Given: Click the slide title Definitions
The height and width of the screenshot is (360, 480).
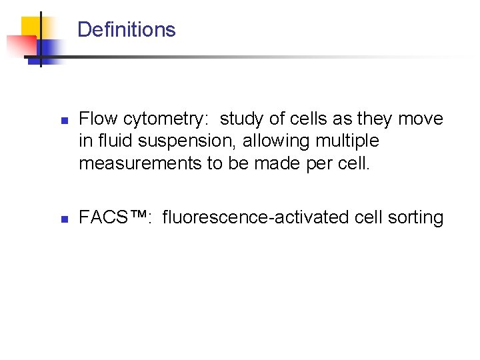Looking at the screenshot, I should [126, 30].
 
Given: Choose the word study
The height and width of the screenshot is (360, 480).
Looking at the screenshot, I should [241, 119].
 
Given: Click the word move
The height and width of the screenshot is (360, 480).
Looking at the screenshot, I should [421, 119].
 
